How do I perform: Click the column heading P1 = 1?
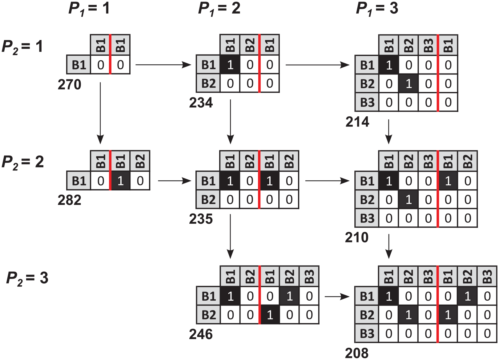click(89, 9)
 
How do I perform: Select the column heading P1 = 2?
click(219, 9)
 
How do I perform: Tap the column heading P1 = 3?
click(377, 9)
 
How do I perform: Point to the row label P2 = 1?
click(22, 47)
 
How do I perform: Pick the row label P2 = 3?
click(27, 278)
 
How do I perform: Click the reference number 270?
click(69, 85)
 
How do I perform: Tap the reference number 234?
click(201, 103)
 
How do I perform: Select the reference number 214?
click(357, 122)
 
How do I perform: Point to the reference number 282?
click(69, 200)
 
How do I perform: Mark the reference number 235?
click(201, 219)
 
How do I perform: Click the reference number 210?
click(357, 237)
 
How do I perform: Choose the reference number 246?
click(201, 334)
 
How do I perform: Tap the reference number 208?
click(357, 353)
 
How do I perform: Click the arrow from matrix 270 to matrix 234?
click(163, 65)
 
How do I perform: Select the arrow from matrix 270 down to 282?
click(100, 113)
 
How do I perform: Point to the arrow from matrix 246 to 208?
click(337, 297)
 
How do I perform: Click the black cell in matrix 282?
click(121, 181)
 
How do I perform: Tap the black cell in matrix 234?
click(230, 65)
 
